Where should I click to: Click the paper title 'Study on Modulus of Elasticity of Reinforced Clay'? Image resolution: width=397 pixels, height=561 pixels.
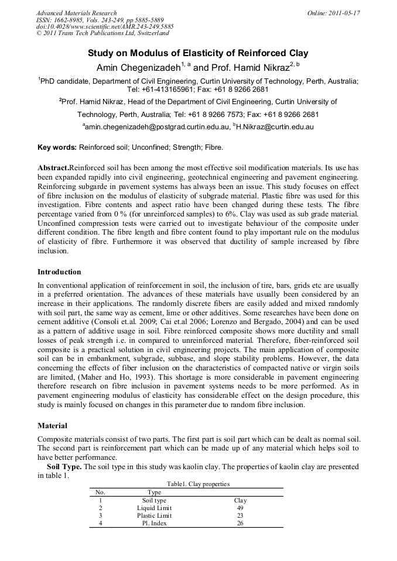click(x=198, y=53)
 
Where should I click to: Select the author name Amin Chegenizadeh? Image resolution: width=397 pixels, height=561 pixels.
click(x=138, y=67)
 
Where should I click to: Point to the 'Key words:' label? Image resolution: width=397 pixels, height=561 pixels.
click(x=57, y=147)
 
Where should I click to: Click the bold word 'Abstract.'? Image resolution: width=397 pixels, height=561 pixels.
click(x=53, y=167)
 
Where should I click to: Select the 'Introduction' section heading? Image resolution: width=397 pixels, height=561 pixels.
click(x=59, y=272)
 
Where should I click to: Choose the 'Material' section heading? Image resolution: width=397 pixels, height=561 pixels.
click(x=52, y=426)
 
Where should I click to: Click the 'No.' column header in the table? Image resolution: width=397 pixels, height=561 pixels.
click(x=100, y=493)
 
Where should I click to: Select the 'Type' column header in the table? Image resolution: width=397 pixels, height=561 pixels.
click(x=154, y=493)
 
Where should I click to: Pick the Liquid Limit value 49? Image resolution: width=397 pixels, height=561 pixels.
click(x=239, y=508)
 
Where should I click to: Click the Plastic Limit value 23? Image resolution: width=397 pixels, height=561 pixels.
click(x=239, y=516)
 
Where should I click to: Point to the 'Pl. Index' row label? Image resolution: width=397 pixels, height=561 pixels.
click(x=154, y=524)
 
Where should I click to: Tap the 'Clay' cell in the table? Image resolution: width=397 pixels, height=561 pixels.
click(x=240, y=501)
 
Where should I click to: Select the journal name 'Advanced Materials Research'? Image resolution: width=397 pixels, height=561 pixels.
click(x=76, y=13)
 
